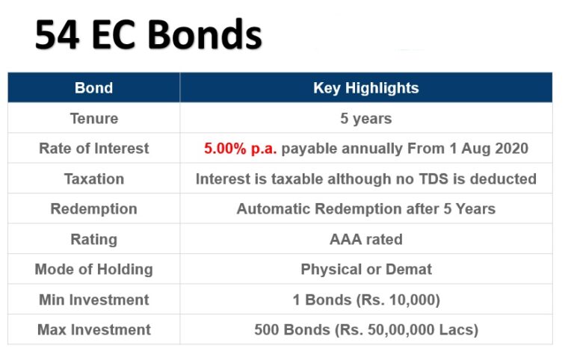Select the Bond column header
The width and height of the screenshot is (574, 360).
tap(93, 87)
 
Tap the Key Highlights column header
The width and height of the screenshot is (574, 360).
tap(365, 87)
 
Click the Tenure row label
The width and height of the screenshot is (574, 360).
tap(93, 118)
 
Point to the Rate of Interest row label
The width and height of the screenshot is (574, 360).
tap(93, 149)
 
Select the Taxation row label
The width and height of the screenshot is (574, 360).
tap(93, 179)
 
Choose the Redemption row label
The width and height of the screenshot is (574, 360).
tap(93, 209)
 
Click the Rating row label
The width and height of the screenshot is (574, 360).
tap(93, 239)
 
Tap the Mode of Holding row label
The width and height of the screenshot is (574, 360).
tap(93, 269)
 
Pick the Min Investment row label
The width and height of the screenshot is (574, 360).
tap(93, 300)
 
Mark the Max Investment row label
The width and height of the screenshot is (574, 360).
tap(93, 329)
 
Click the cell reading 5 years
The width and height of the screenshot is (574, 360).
tap(365, 118)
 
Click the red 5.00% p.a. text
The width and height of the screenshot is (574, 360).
tap(240, 149)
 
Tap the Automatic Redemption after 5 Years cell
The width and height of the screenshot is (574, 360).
tap(365, 209)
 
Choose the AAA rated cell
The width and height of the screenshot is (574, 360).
tap(365, 239)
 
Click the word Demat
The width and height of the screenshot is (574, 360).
tap(408, 269)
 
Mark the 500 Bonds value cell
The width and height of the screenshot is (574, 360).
tap(365, 329)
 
